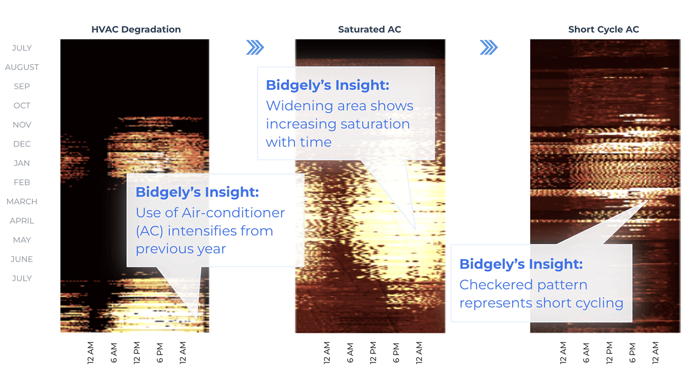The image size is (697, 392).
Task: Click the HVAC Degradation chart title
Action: pos(136,29)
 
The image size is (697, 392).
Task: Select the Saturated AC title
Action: pos(370,29)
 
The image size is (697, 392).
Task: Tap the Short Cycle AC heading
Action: pos(604,29)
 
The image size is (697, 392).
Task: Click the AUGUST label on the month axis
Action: pos(22,67)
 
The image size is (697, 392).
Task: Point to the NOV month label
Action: pos(22,125)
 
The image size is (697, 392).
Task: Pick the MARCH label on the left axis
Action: pos(22,202)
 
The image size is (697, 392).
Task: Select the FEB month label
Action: pos(22,183)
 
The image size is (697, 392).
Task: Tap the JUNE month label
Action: pos(22,259)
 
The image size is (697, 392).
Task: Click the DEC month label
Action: pos(22,144)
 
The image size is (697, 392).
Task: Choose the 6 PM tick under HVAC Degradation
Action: pos(160,353)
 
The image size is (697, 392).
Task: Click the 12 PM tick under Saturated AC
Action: pos(373,353)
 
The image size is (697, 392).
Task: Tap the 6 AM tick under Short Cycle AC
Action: pos(586,353)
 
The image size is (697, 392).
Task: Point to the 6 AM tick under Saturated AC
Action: pos(350,353)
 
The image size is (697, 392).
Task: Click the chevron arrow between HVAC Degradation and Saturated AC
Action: pos(255,47)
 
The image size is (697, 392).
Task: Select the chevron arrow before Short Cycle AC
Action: pos(488,47)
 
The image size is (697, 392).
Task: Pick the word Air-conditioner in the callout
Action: pos(233,213)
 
